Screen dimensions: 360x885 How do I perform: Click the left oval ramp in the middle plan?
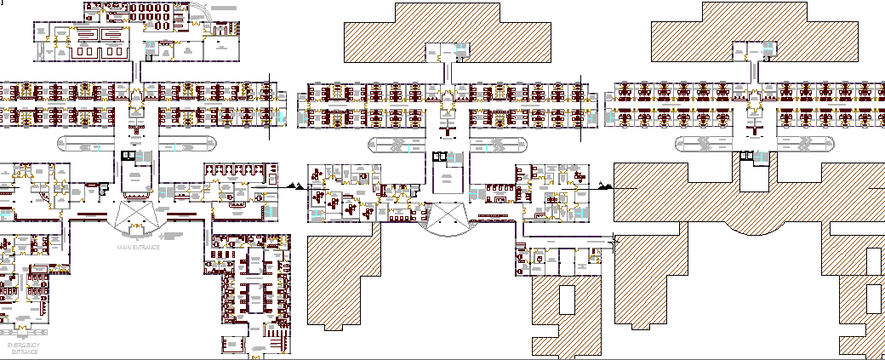tap(396, 146)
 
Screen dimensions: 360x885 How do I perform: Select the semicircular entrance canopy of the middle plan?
tap(445, 222)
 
